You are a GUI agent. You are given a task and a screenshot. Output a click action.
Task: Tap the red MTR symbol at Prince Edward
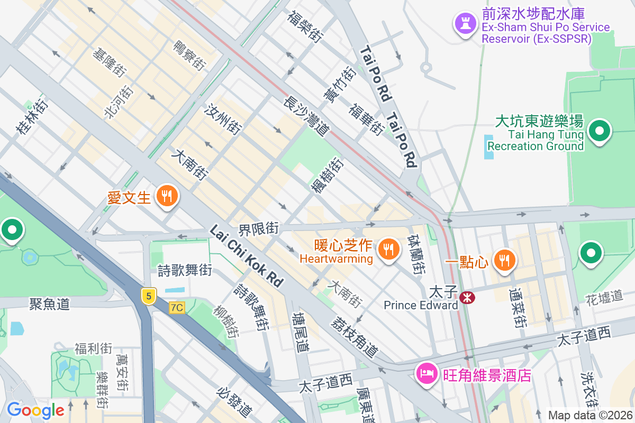click(467, 298)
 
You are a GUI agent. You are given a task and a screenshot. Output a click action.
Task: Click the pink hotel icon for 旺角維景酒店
click(427, 374)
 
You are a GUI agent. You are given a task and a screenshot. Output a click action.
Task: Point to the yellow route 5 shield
click(149, 297)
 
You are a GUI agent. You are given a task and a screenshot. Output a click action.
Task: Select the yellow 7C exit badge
click(177, 307)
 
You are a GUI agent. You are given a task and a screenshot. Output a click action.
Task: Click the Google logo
click(35, 410)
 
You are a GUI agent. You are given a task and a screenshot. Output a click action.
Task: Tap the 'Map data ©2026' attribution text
click(589, 416)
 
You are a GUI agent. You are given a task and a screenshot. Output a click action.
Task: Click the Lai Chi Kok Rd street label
click(247, 256)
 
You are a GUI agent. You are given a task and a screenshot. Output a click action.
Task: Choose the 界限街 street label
click(258, 229)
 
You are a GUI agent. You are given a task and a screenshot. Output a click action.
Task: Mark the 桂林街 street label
click(32, 116)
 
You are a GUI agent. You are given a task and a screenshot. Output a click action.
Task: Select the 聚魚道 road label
click(49, 304)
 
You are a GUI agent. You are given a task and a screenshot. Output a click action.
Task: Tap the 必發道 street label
click(234, 401)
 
